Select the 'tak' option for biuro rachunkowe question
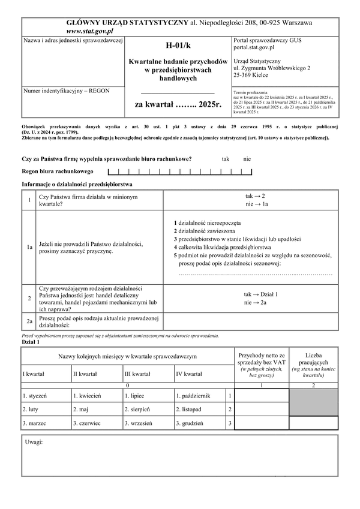(x=226, y=159)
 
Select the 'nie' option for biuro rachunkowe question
(x=247, y=159)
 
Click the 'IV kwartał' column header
(x=188, y=374)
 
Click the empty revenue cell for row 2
(x=262, y=409)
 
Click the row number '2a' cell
(x=29, y=321)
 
